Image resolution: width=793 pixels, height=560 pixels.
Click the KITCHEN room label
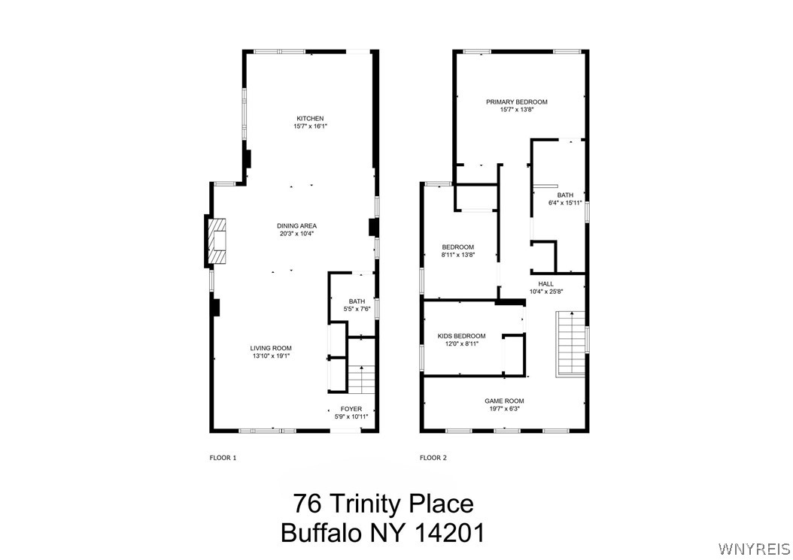pos(310,119)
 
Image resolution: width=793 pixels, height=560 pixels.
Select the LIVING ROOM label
pos(271,348)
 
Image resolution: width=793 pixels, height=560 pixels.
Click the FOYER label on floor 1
pos(351,409)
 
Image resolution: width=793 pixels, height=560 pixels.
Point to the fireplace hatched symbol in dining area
pos(217,241)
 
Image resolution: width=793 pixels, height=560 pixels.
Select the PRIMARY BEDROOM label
pos(516,102)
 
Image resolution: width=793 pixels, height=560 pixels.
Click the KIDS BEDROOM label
pos(461,336)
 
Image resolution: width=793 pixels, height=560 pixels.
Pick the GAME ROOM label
pos(504,401)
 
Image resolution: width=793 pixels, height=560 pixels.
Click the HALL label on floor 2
pos(545,283)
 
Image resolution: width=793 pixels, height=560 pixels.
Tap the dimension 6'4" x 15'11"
pos(565,203)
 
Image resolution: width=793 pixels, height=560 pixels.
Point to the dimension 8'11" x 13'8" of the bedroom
pos(457,255)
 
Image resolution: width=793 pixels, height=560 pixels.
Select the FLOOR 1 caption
pos(223,457)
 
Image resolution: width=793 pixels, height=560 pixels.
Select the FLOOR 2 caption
pos(433,457)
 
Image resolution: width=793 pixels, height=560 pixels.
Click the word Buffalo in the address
pos(320,532)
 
